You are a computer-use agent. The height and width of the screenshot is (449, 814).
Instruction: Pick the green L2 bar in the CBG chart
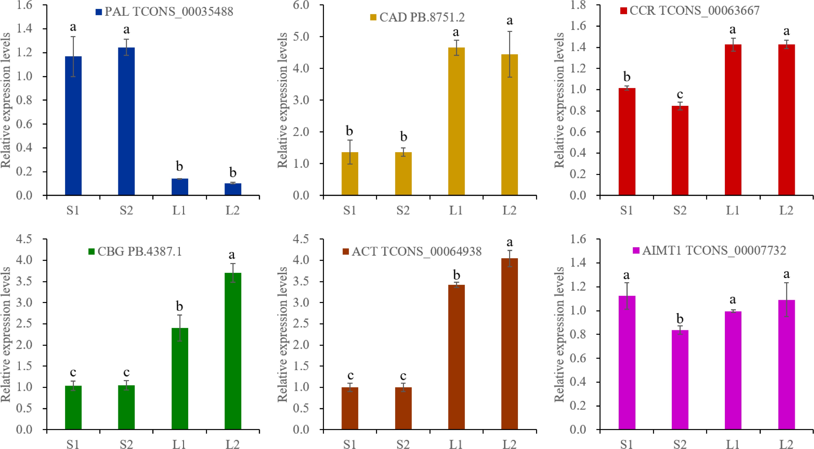[233, 351]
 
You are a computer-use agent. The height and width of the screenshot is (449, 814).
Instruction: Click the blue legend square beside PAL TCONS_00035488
[99, 12]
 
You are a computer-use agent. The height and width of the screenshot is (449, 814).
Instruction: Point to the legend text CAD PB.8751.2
[422, 17]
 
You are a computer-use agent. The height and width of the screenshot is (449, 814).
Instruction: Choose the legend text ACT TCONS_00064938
[416, 251]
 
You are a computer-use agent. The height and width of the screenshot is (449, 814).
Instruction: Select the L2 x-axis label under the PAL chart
[233, 210]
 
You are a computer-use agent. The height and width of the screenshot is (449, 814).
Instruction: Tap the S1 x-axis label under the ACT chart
[350, 444]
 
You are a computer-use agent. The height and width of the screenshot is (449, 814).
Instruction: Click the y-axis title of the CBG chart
[6, 334]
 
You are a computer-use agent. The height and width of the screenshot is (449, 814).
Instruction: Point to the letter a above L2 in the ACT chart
[509, 242]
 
